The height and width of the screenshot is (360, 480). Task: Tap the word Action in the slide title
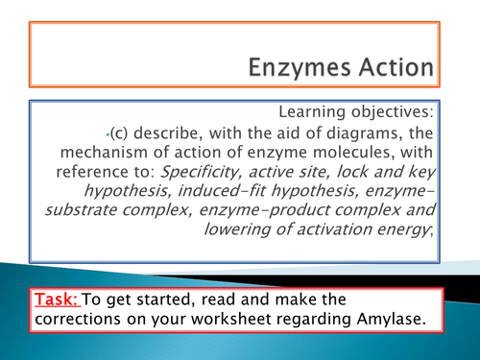[397, 69]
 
